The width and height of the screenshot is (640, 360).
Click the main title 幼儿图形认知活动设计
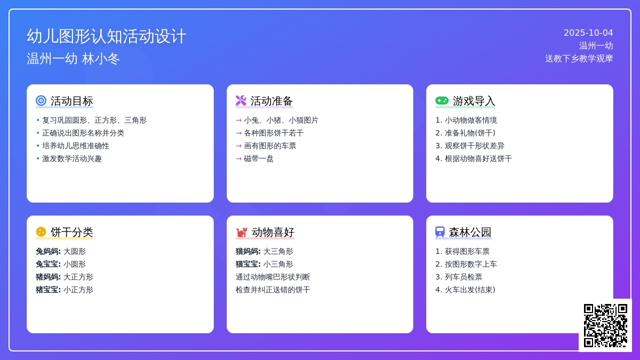pyautogui.click(x=106, y=36)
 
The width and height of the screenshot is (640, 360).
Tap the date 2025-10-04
pyautogui.click(x=588, y=33)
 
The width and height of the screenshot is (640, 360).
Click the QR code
pyautogui.click(x=605, y=325)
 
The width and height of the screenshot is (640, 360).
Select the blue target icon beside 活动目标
pyautogui.click(x=41, y=101)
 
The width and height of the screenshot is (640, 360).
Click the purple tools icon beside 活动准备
pyautogui.click(x=241, y=101)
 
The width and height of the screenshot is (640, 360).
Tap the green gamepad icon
pyautogui.click(x=442, y=101)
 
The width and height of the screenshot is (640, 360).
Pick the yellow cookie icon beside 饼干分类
pyautogui.click(x=41, y=231)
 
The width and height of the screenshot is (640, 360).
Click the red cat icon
pyautogui.click(x=242, y=232)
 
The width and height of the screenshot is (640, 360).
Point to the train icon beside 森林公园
pyautogui.click(x=440, y=231)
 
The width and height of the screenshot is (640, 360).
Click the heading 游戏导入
pyautogui.click(x=474, y=101)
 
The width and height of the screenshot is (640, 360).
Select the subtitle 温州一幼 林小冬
pyautogui.click(x=73, y=59)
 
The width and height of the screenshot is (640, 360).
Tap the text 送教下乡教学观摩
pyautogui.click(x=579, y=59)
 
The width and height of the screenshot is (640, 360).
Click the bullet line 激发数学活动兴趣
pyautogui.click(x=72, y=158)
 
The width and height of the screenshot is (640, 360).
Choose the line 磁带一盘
pyautogui.click(x=259, y=158)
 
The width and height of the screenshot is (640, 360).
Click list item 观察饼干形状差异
pyautogui.click(x=475, y=146)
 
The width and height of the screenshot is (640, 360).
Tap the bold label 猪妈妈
pyautogui.click(x=48, y=277)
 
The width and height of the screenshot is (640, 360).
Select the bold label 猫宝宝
pyautogui.click(x=248, y=264)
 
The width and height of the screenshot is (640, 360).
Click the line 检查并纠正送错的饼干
pyautogui.click(x=273, y=290)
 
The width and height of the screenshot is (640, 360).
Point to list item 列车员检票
pyautogui.click(x=463, y=277)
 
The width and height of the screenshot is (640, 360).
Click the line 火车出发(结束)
pyautogui.click(x=470, y=290)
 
